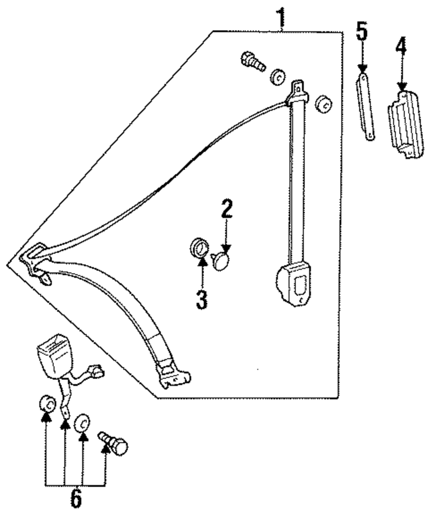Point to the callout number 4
click(x=401, y=48)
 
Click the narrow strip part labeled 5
click(x=364, y=107)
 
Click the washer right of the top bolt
click(x=277, y=77)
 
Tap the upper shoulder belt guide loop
click(x=298, y=92)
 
